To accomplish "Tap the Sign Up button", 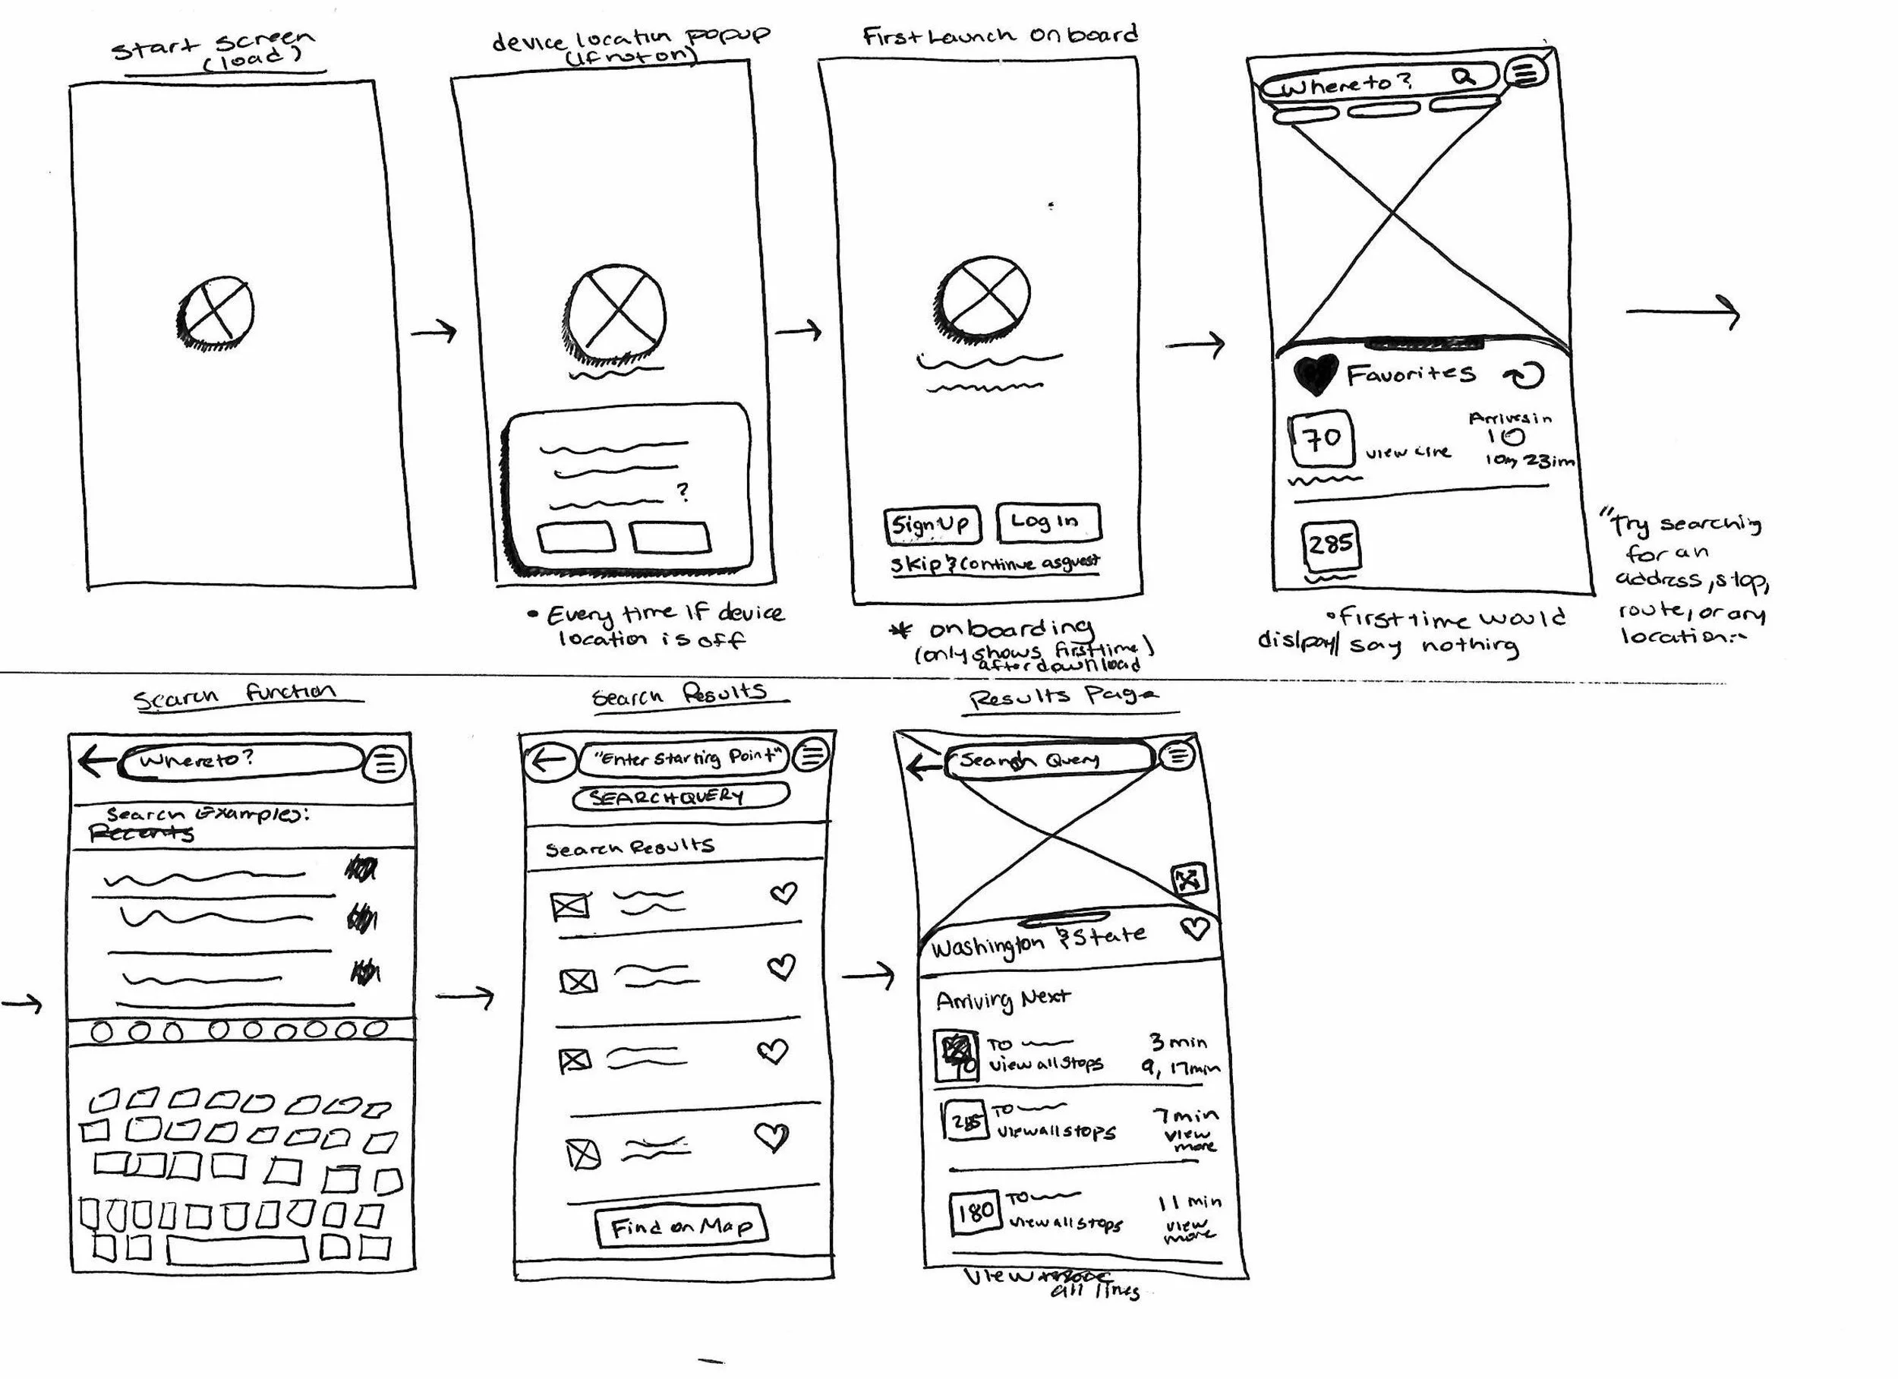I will pos(929,525).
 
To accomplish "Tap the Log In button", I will pos(1048,522).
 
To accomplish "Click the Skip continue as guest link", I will pos(995,564).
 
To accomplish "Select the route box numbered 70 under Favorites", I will pos(1322,438).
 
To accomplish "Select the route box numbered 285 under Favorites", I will pos(1330,545).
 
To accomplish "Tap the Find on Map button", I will pos(681,1227).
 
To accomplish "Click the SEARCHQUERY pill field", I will pos(679,797).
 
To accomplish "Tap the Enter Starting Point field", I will pos(684,758).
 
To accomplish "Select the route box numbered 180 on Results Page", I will pos(975,1211).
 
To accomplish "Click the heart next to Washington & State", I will pos(1194,928).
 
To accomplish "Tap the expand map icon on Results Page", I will pos(1188,879).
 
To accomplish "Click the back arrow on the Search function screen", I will pos(96,761).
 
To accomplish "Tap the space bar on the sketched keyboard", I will pos(237,1250).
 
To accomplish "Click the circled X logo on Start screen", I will pos(216,311).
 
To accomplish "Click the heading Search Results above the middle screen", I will pos(679,695).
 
